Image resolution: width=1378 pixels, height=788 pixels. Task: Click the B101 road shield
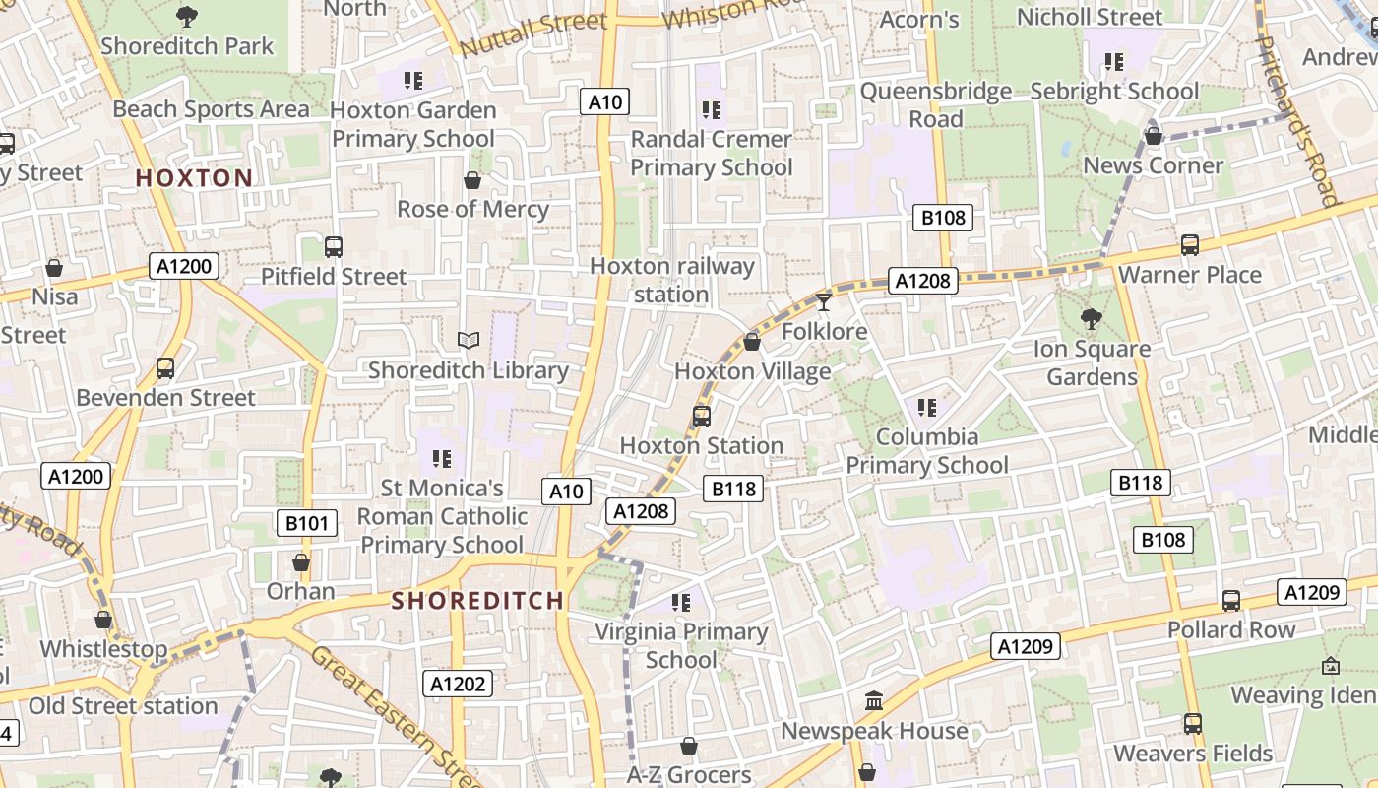coord(306,523)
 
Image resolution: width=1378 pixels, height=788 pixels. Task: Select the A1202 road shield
coord(458,684)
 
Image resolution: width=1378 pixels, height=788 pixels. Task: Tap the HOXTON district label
coord(194,178)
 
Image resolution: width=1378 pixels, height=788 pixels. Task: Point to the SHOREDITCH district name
coord(478,600)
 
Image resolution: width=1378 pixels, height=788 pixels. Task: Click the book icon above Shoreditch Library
coord(469,341)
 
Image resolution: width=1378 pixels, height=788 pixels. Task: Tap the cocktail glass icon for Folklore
coord(824,300)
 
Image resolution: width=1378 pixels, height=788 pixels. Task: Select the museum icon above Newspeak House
coord(873,701)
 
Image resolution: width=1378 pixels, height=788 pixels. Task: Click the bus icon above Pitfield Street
coord(334,247)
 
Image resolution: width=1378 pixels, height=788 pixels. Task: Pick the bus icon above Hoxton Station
coord(701,416)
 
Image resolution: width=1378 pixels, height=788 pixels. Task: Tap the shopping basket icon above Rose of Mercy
coord(472,180)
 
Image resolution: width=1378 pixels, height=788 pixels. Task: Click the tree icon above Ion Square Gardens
coord(1091,318)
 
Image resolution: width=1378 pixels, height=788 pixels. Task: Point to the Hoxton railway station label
coord(672,281)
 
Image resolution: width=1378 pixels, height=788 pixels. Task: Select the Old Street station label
coord(123,706)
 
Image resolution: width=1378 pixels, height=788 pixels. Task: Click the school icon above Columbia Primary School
coord(926,407)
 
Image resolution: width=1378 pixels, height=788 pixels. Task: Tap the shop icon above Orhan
coord(301,562)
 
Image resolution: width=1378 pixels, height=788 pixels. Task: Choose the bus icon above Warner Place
coord(1189,245)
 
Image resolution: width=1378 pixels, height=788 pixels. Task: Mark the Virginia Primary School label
coord(681,645)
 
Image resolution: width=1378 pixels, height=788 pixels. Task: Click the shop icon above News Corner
coord(1153,136)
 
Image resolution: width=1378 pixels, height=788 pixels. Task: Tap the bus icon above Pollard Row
coord(1230,600)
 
